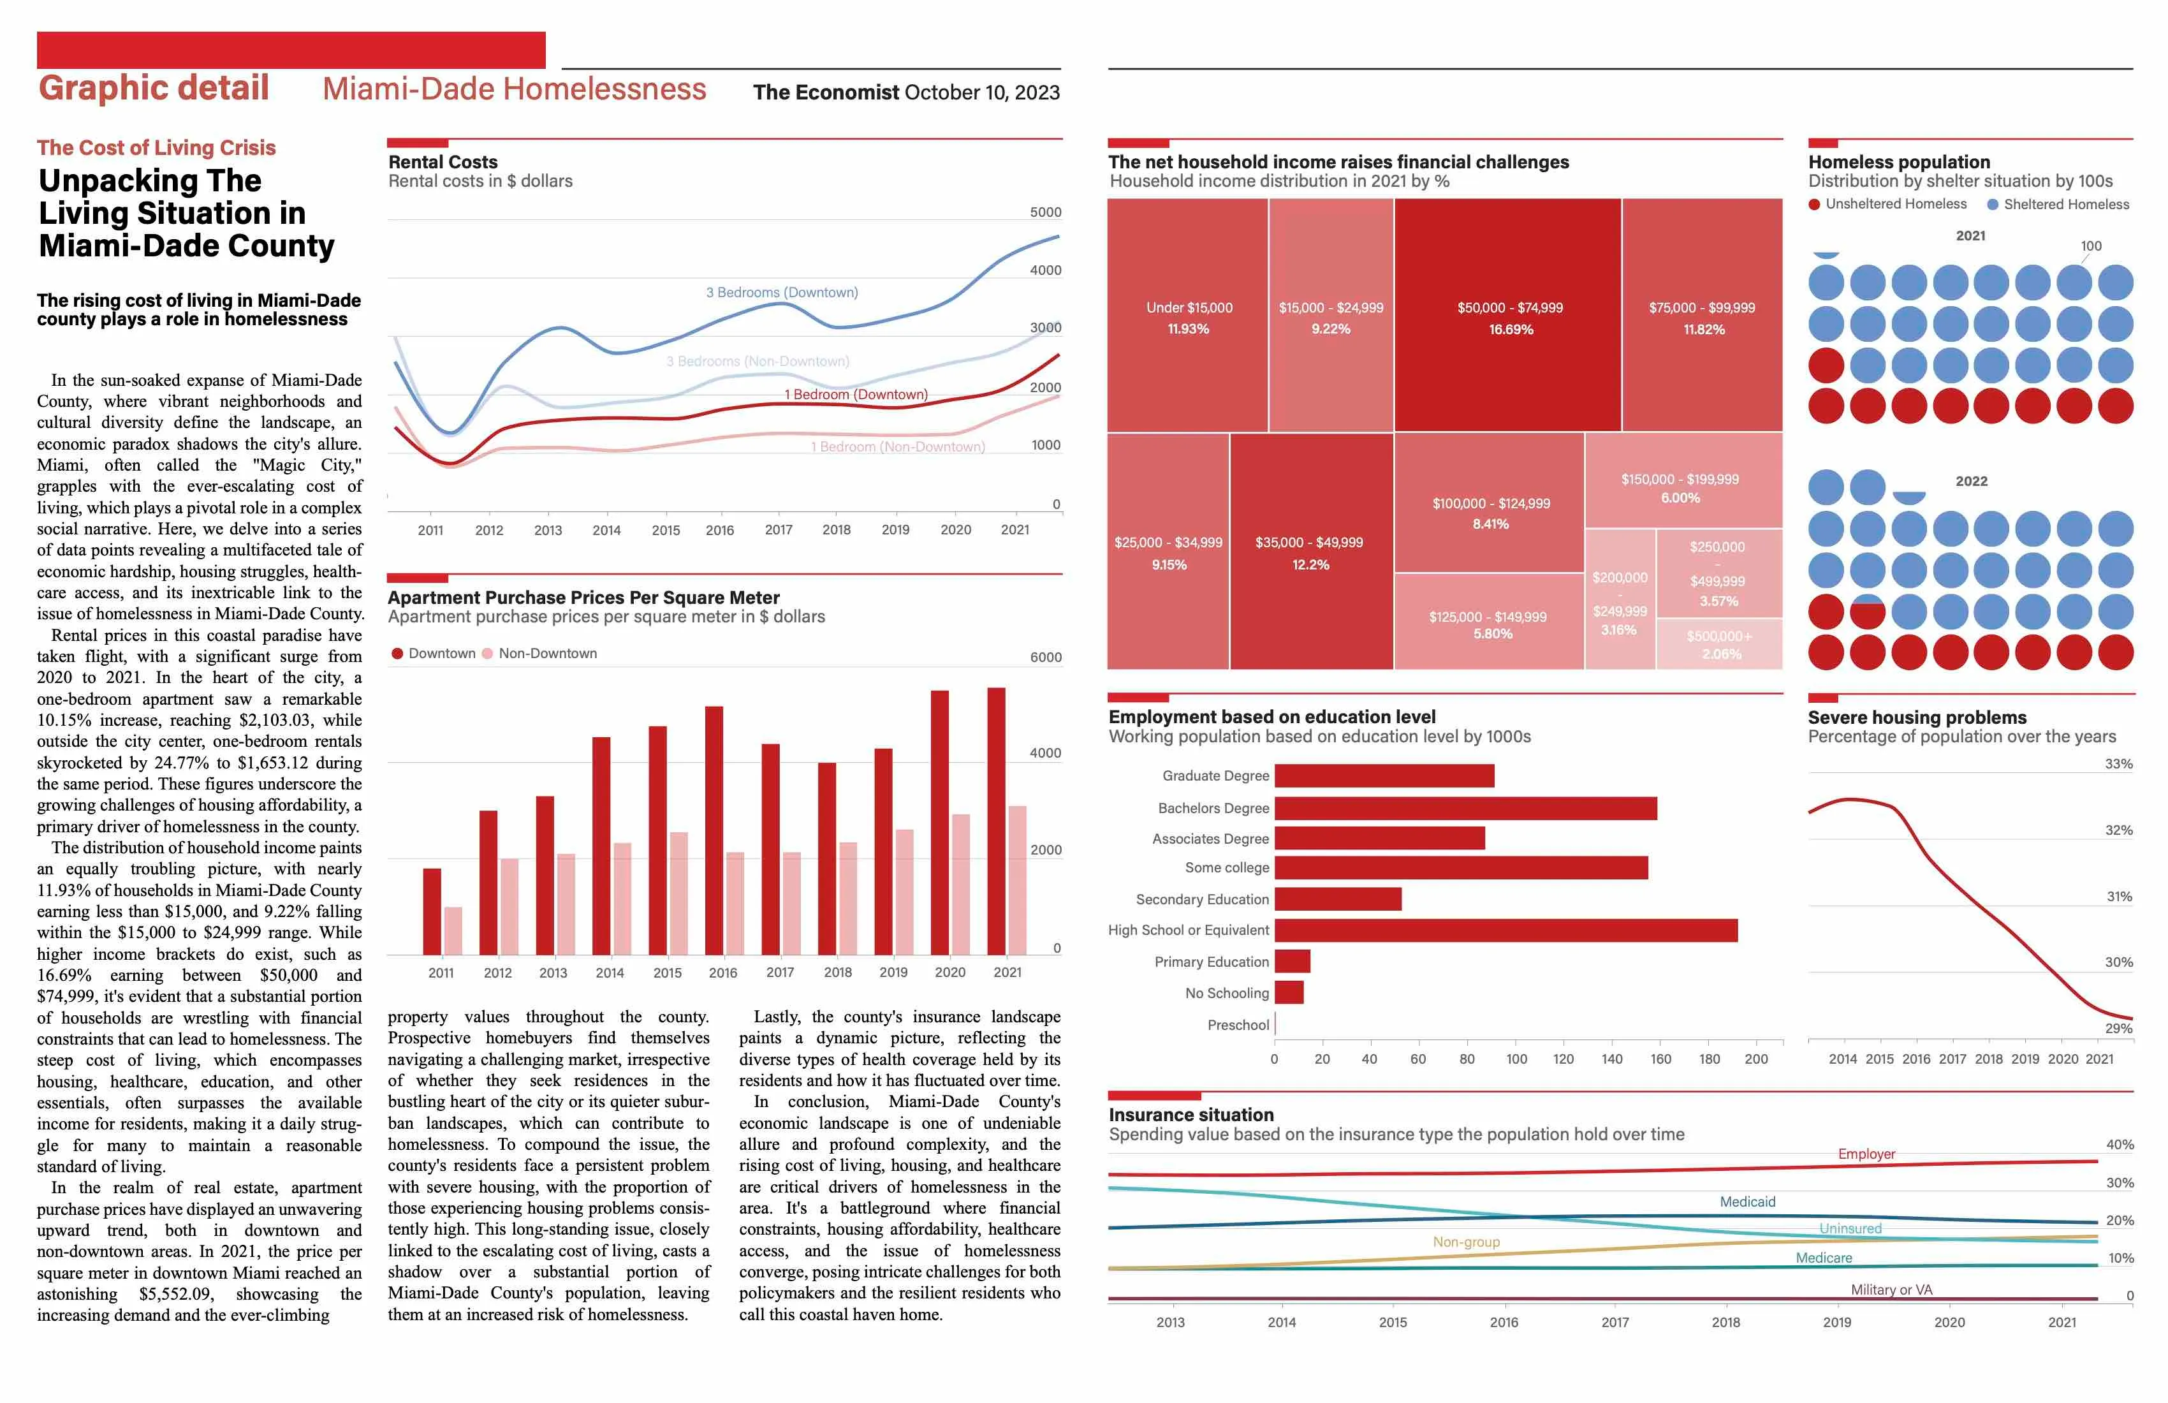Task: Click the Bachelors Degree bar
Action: click(x=1465, y=808)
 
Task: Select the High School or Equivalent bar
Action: click(x=1505, y=930)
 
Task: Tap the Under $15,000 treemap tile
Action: click(x=1188, y=315)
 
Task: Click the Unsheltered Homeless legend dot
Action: click(x=1815, y=204)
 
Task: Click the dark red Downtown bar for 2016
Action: click(x=714, y=829)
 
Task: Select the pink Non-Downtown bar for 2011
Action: click(x=453, y=930)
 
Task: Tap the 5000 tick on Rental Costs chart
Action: click(x=1045, y=212)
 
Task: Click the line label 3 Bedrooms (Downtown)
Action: click(x=782, y=293)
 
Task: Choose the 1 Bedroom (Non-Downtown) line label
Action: click(x=897, y=446)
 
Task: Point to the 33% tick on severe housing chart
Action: click(x=2118, y=765)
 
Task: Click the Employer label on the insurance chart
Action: click(x=1866, y=1154)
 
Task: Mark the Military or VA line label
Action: click(x=1891, y=1289)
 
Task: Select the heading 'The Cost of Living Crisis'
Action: click(x=156, y=147)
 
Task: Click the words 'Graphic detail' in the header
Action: click(x=154, y=89)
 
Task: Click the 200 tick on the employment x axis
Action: click(x=1755, y=1059)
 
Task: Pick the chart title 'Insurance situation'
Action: click(x=1190, y=1114)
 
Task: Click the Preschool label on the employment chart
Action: click(x=1237, y=1025)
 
